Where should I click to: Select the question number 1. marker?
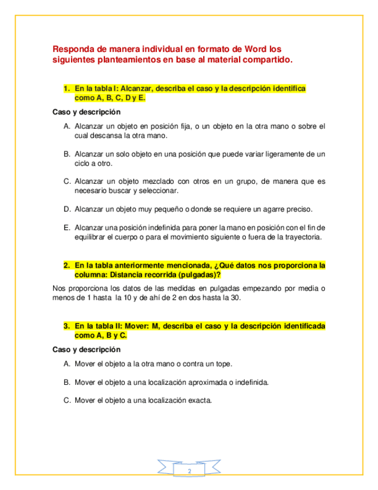coord(67,88)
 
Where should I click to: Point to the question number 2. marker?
coord(67,265)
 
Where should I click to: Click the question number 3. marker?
coord(67,326)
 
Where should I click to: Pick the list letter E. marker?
coord(67,227)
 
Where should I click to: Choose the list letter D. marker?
coord(67,208)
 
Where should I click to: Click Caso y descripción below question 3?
coord(86,350)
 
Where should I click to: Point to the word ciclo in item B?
coord(84,163)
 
